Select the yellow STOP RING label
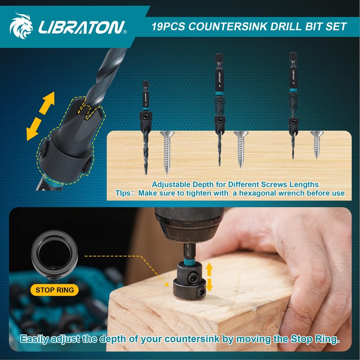coord(54,290)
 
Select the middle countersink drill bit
coord(219,108)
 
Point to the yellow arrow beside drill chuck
coord(209,277)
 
